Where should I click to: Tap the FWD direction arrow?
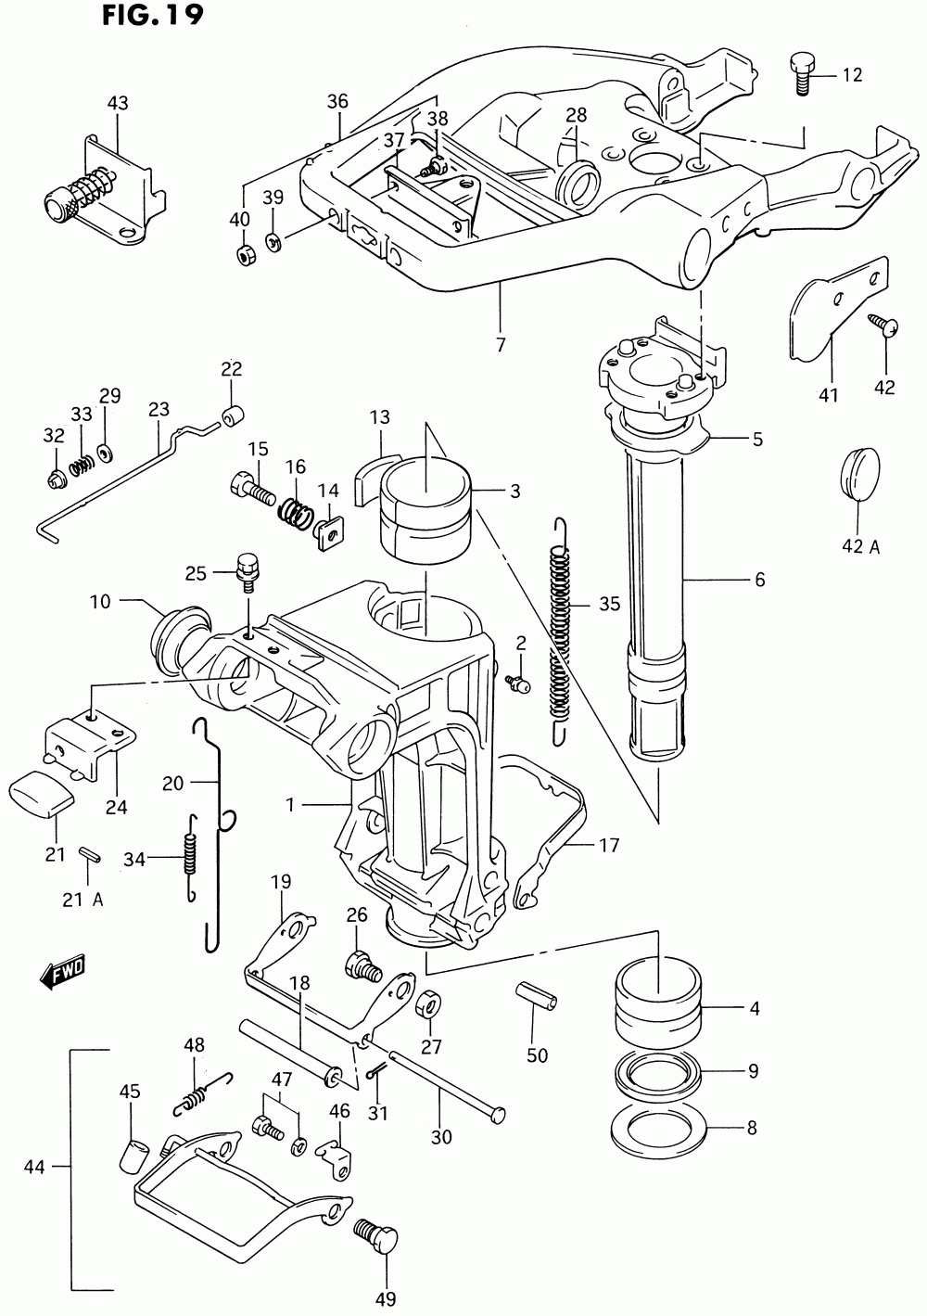tap(62, 975)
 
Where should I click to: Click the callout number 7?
tap(501, 345)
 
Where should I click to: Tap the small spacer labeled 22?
tap(233, 415)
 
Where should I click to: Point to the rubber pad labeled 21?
tap(41, 795)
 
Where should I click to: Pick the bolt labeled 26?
tap(362, 966)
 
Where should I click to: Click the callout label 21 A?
tap(83, 900)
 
